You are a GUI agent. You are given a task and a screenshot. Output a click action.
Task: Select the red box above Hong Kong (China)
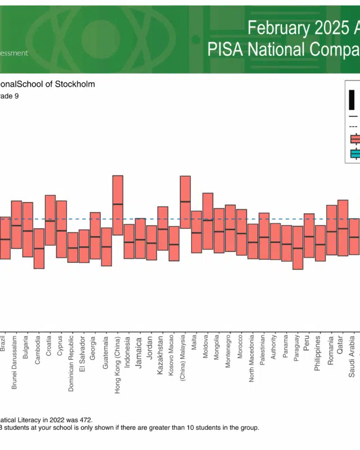[118, 205]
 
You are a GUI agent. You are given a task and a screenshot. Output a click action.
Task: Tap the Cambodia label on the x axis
[38, 350]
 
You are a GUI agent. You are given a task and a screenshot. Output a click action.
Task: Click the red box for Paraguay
[298, 247]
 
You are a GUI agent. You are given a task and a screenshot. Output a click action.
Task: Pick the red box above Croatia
[50, 220]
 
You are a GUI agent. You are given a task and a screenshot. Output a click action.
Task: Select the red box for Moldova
[208, 222]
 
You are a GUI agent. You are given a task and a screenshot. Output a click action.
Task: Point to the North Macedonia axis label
[251, 365]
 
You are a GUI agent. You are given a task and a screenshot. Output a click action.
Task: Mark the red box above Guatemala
[106, 246]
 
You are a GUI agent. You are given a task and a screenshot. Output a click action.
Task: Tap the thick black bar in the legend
[352, 100]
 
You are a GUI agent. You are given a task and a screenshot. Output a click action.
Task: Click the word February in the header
[273, 28]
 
